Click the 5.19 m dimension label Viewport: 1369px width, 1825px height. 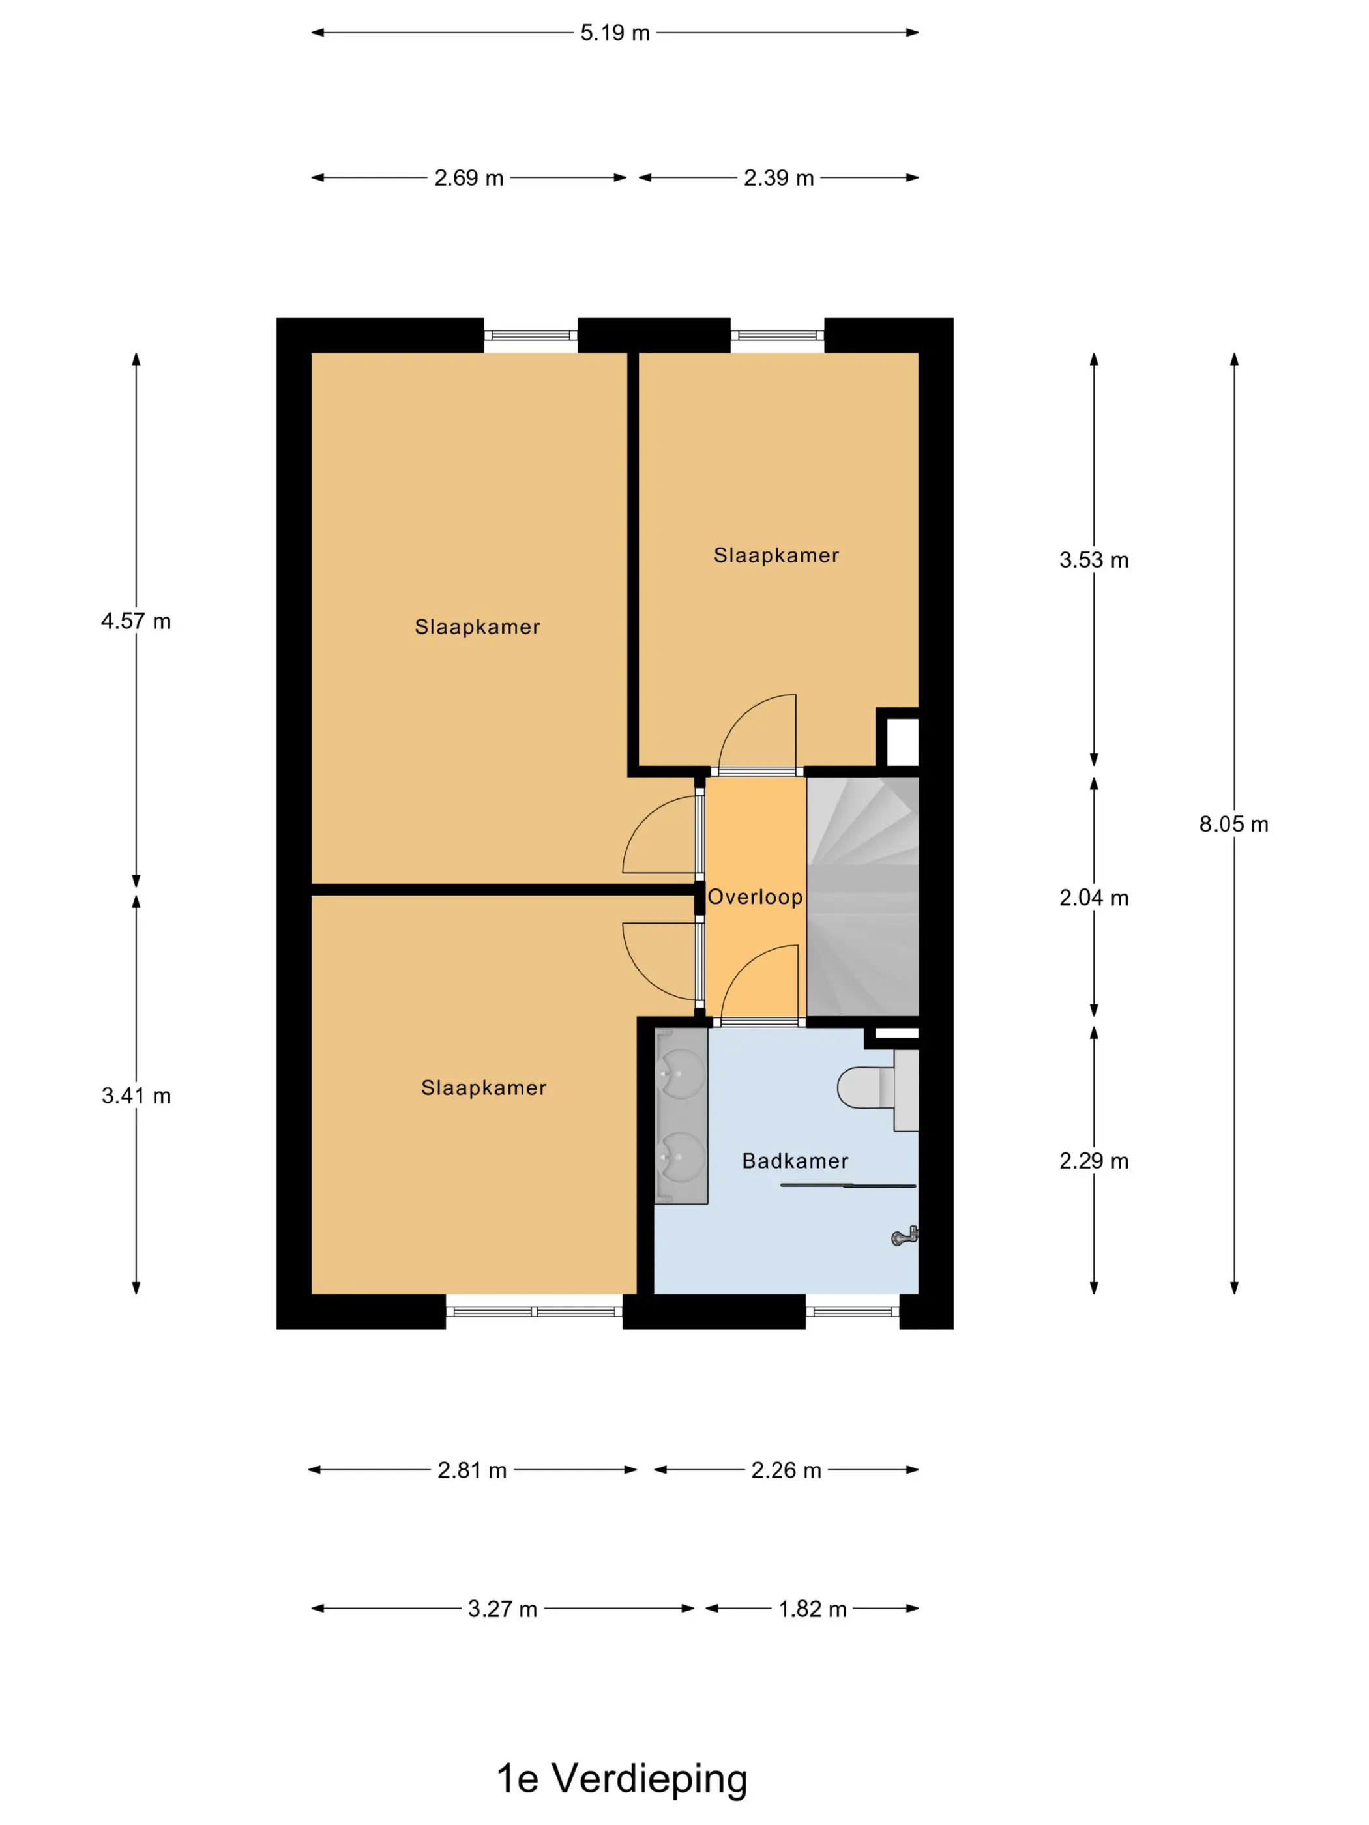pyautogui.click(x=615, y=33)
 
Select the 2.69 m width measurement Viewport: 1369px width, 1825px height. pyautogui.click(x=469, y=178)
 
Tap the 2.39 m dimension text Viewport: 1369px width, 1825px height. pyautogui.click(x=778, y=178)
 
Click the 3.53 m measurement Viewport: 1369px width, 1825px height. pyautogui.click(x=1093, y=560)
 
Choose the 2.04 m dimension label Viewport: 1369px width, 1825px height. pyautogui.click(x=1093, y=898)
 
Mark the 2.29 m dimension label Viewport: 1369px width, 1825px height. pyautogui.click(x=1093, y=1161)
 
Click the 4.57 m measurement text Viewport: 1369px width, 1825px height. pyautogui.click(x=136, y=621)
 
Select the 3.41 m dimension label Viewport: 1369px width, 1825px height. pyautogui.click(x=136, y=1096)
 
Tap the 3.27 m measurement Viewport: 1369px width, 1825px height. pyautogui.click(x=503, y=1609)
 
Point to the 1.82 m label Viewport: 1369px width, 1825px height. pyautogui.click(x=812, y=1609)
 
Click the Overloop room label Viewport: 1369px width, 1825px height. pyautogui.click(x=755, y=898)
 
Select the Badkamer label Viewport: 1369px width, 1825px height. pyautogui.click(x=795, y=1161)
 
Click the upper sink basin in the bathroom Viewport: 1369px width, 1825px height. pyautogui.click(x=683, y=1075)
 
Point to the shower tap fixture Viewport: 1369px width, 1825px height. pyautogui.click(x=905, y=1236)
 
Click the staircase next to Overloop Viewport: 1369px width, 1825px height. pyautogui.click(x=862, y=897)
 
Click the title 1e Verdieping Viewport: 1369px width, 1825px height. pyautogui.click(x=621, y=1779)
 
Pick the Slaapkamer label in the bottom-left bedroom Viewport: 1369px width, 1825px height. pyautogui.click(x=484, y=1088)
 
